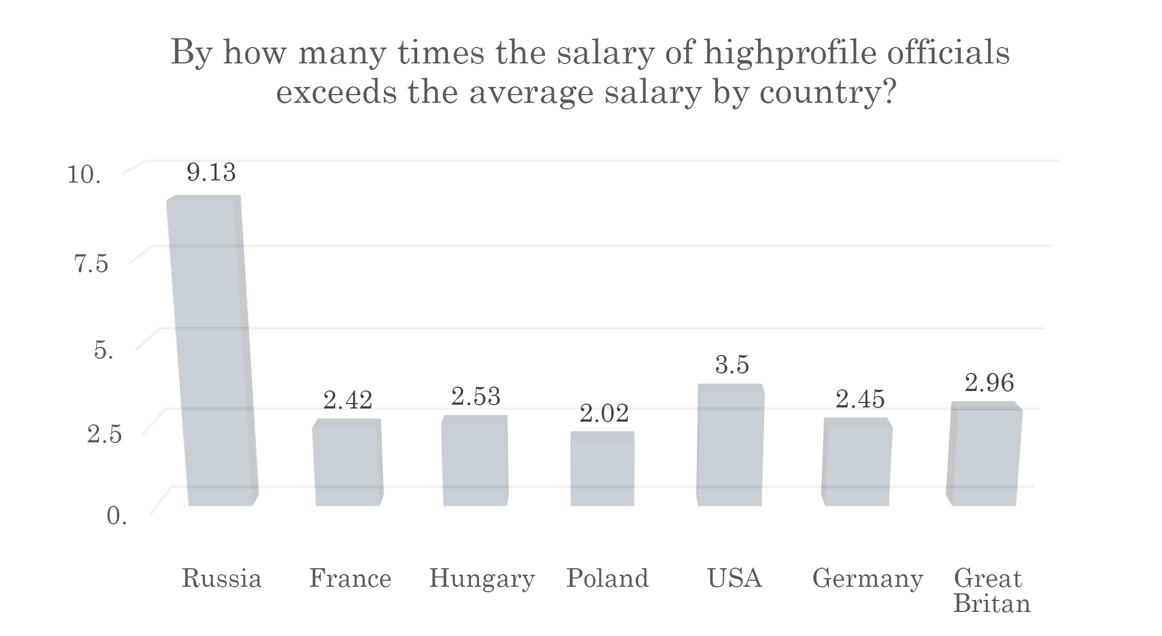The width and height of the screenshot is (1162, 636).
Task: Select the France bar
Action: pyautogui.click(x=348, y=462)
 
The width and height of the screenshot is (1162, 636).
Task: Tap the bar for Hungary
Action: pyautogui.click(x=475, y=460)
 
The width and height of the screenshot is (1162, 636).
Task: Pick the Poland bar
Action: pyautogui.click(x=602, y=469)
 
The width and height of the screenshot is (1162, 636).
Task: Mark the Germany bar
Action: pyautogui.click(x=856, y=462)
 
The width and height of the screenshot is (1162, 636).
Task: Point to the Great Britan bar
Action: pyautogui.click(x=984, y=454)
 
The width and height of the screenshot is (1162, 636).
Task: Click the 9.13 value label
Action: pyautogui.click(x=211, y=173)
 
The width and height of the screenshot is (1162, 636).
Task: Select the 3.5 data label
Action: pyautogui.click(x=732, y=365)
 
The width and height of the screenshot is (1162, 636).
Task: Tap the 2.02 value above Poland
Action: pyautogui.click(x=604, y=414)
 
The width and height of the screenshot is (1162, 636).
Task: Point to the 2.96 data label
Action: pyautogui.click(x=989, y=383)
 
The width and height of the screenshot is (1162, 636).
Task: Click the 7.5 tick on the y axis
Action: pyautogui.click(x=91, y=264)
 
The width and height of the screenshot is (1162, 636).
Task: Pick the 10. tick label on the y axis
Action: pyautogui.click(x=84, y=175)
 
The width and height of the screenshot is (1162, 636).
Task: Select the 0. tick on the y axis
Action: pyautogui.click(x=116, y=516)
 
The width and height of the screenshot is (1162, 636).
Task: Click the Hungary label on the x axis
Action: pyautogui.click(x=482, y=579)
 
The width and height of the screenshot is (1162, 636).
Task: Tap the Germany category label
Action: pyautogui.click(x=868, y=579)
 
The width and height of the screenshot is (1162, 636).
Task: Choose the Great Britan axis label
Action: pyautogui.click(x=991, y=591)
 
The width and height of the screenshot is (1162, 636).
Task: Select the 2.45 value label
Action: pyautogui.click(x=860, y=399)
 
